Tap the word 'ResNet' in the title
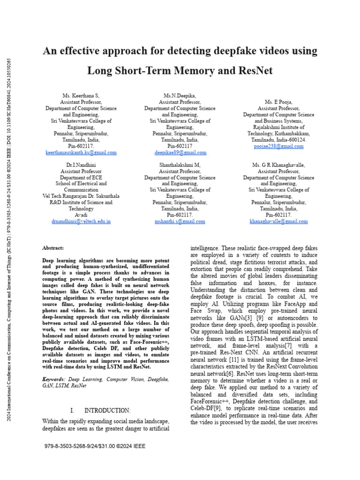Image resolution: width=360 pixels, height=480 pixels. click(x=250, y=71)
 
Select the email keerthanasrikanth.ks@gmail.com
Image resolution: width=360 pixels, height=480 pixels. click(x=81, y=153)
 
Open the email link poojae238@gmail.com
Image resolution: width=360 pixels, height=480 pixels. click(x=278, y=146)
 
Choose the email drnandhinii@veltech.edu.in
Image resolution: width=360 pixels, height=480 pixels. click(x=81, y=221)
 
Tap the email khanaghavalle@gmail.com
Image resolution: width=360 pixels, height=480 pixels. click(x=278, y=221)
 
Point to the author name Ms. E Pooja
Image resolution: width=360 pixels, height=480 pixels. click(x=278, y=102)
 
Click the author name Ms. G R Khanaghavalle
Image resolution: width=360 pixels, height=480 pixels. click(x=278, y=165)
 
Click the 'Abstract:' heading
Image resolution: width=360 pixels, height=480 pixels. click(x=53, y=248)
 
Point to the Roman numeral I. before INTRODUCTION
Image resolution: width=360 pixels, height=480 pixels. click(x=72, y=410)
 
